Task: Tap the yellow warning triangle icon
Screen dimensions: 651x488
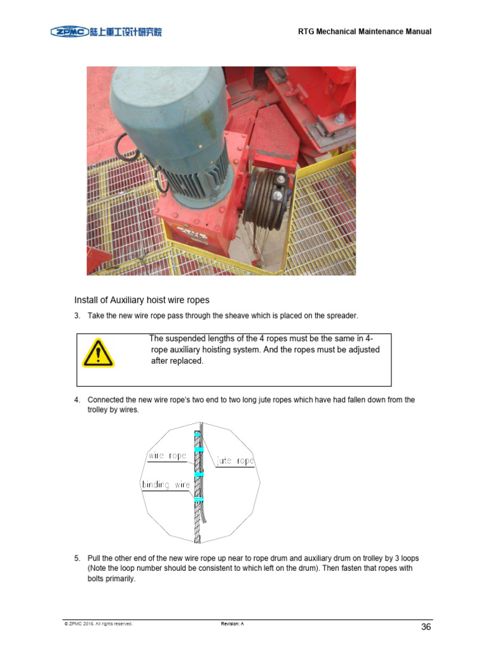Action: pyautogui.click(x=98, y=353)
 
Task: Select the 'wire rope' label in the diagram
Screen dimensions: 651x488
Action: pyautogui.click(x=167, y=456)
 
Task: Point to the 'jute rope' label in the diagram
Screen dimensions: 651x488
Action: pyautogui.click(x=235, y=461)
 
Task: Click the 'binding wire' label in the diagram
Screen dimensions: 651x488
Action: pyautogui.click(x=165, y=485)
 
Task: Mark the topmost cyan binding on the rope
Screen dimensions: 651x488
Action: pyautogui.click(x=199, y=434)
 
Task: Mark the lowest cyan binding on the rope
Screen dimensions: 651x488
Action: pyautogui.click(x=199, y=500)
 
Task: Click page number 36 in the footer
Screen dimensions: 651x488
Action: pyautogui.click(x=426, y=627)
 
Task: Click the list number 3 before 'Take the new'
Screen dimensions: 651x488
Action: pyautogui.click(x=77, y=316)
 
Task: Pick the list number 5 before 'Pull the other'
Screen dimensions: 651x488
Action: pyautogui.click(x=77, y=558)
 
